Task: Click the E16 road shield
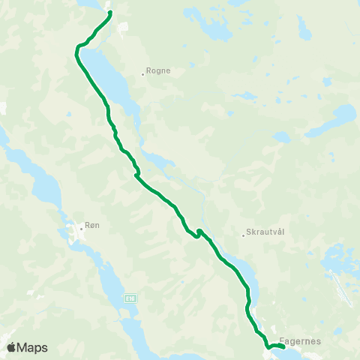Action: [x=131, y=298]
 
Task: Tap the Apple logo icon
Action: [x=11, y=347]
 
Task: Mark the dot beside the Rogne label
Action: [x=143, y=73]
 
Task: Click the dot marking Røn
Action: [x=82, y=227]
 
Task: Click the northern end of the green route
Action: [x=110, y=13]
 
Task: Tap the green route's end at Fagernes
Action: [x=283, y=346]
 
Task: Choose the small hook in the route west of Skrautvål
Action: [x=198, y=233]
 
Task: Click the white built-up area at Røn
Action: [x=76, y=235]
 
